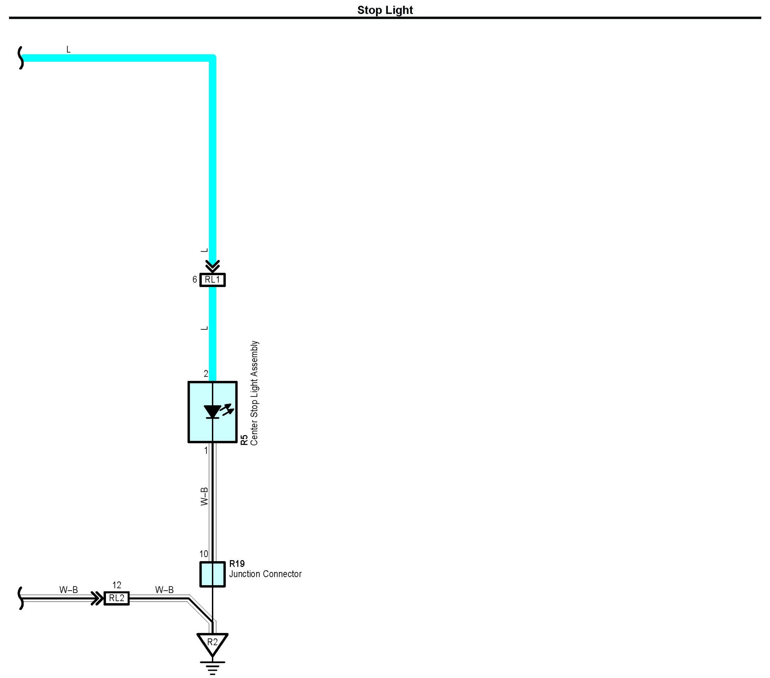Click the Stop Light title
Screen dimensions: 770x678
(385, 10)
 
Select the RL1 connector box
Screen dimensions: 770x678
(213, 280)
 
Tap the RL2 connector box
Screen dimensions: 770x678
(116, 598)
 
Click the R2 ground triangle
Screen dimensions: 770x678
(213, 643)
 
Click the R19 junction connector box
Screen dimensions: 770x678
(213, 574)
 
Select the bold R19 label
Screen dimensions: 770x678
(237, 564)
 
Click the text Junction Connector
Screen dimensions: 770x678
(265, 574)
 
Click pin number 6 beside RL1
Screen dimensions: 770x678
(194, 279)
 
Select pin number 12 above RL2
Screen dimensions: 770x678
(117, 585)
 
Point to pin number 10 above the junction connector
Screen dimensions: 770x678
(204, 554)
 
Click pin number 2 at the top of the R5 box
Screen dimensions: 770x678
(206, 374)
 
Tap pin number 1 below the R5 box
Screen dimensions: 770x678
(206, 450)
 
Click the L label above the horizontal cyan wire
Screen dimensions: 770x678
(68, 50)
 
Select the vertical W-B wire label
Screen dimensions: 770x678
(204, 496)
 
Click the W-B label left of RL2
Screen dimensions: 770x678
(68, 590)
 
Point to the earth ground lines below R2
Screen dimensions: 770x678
(213, 667)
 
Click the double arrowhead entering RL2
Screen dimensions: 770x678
(97, 598)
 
